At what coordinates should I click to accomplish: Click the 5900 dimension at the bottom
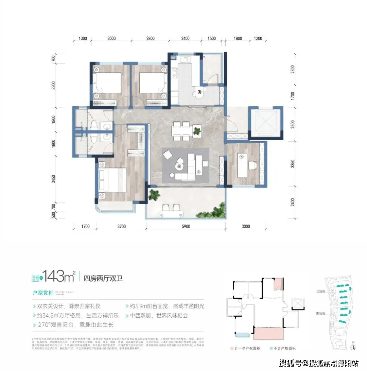tap(185, 226)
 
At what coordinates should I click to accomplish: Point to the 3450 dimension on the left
tap(53, 177)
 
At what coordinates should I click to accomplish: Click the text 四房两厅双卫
tap(103, 278)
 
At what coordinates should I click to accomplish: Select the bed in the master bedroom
tap(111, 180)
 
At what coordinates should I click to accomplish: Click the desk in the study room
tap(242, 165)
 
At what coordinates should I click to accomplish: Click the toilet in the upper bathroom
tap(94, 123)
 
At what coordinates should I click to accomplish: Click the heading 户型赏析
tap(43, 292)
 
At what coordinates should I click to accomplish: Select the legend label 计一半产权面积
tap(247, 348)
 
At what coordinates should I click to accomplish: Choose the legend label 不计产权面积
tap(284, 348)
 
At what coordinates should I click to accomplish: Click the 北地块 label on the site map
tap(320, 291)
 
